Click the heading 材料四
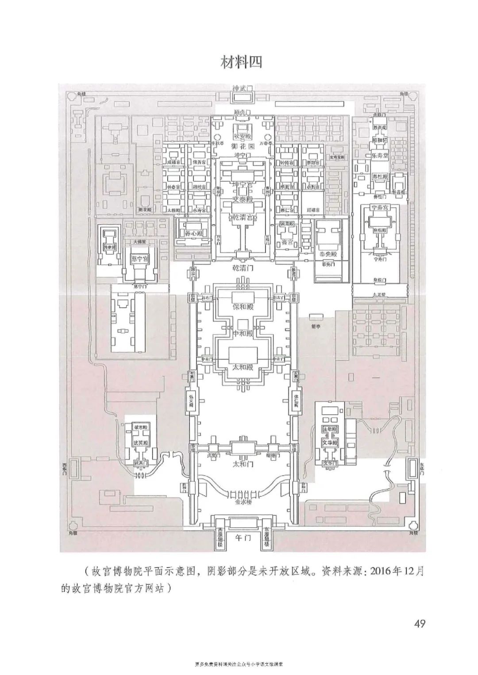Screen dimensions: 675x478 click(x=242, y=62)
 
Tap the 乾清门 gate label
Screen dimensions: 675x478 click(x=242, y=268)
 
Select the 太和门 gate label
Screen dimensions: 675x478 click(x=242, y=465)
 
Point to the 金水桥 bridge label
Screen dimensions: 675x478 click(x=242, y=503)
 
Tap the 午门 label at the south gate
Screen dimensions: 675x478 click(x=242, y=538)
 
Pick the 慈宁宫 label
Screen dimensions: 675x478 click(x=141, y=257)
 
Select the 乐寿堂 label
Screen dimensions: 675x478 click(x=380, y=156)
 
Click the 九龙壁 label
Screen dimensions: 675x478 click(x=380, y=293)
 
